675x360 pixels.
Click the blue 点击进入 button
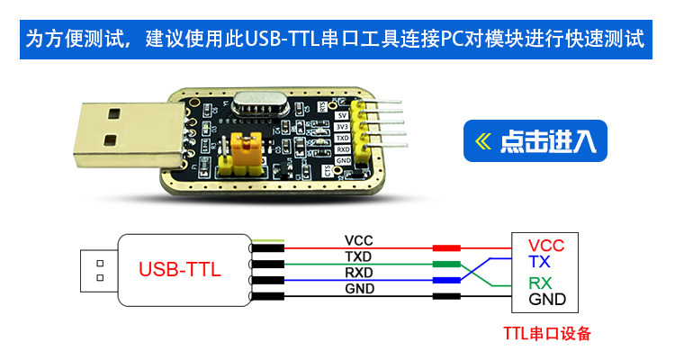click(x=535, y=140)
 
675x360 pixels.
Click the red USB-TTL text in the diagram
click(x=179, y=269)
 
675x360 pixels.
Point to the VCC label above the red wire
click(x=358, y=240)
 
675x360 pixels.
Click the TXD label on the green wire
click(x=358, y=256)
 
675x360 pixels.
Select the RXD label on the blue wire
click(x=358, y=273)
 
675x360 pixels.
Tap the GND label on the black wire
click(x=358, y=288)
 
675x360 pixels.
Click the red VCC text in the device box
click(x=546, y=246)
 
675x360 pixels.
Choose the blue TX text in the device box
click(x=540, y=261)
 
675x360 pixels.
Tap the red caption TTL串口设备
click(x=547, y=334)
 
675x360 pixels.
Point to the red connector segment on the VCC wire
click(x=446, y=248)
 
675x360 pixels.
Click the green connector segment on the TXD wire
click(x=446, y=265)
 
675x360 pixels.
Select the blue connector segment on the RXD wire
click(x=446, y=281)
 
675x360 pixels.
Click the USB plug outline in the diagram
click(x=97, y=270)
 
